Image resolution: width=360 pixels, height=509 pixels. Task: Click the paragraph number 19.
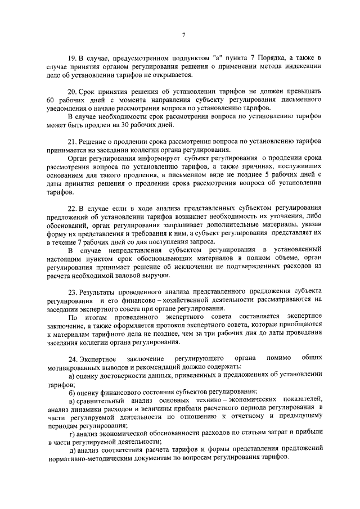tap(71, 58)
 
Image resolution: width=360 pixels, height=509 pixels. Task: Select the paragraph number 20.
tap(71, 91)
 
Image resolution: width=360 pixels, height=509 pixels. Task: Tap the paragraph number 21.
tap(71, 142)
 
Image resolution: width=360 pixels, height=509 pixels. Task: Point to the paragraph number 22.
tap(71, 209)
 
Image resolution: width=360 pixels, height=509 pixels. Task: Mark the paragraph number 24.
tap(72, 358)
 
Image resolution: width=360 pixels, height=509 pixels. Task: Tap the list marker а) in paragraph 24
tap(72, 376)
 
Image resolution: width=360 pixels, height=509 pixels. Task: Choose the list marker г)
tap(72, 433)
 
